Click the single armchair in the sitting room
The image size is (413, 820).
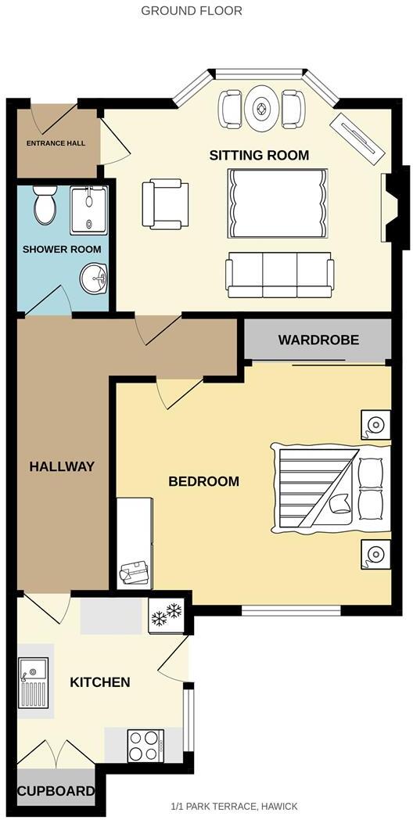tap(164, 204)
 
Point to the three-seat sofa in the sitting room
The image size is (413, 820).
tap(279, 275)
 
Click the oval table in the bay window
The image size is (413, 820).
tap(261, 109)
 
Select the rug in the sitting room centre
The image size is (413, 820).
tap(277, 203)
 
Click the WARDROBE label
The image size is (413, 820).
tap(318, 340)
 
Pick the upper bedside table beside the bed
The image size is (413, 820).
tap(375, 425)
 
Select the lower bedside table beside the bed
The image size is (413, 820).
tap(375, 554)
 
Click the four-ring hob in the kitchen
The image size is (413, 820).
tap(145, 744)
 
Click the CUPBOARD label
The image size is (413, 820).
tap(56, 791)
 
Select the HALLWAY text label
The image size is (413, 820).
tap(62, 466)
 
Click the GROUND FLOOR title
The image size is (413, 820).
tap(192, 11)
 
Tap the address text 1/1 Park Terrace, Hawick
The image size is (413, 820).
tap(234, 806)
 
